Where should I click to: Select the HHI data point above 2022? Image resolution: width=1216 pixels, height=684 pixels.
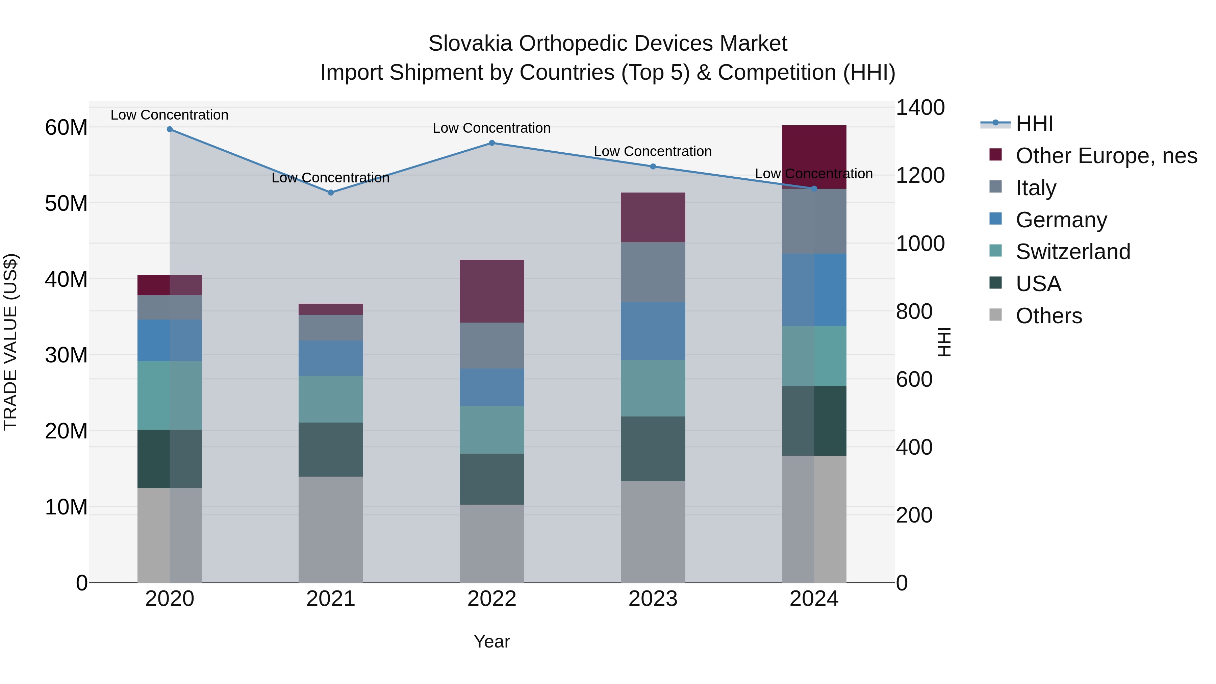pyautogui.click(x=491, y=143)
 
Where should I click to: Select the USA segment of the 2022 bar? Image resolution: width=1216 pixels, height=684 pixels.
pyautogui.click(x=491, y=479)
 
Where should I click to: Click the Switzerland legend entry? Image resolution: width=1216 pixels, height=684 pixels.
pyautogui.click(x=1072, y=252)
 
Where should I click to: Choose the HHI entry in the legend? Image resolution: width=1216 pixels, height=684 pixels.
pyautogui.click(x=1034, y=124)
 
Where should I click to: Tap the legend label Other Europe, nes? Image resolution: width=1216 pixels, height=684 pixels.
pyautogui.click(x=1106, y=156)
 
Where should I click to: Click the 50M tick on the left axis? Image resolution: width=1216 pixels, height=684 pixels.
pyautogui.click(x=66, y=203)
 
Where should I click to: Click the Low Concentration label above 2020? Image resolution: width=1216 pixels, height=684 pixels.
pyautogui.click(x=170, y=115)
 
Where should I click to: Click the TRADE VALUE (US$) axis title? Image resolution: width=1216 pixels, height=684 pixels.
pyautogui.click(x=10, y=342)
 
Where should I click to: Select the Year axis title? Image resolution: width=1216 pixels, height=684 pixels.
pyautogui.click(x=491, y=641)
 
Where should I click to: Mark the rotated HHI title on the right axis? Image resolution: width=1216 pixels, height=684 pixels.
pyautogui.click(x=944, y=342)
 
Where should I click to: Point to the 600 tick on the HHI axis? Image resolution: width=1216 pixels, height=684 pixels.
pyautogui.click(x=914, y=380)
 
